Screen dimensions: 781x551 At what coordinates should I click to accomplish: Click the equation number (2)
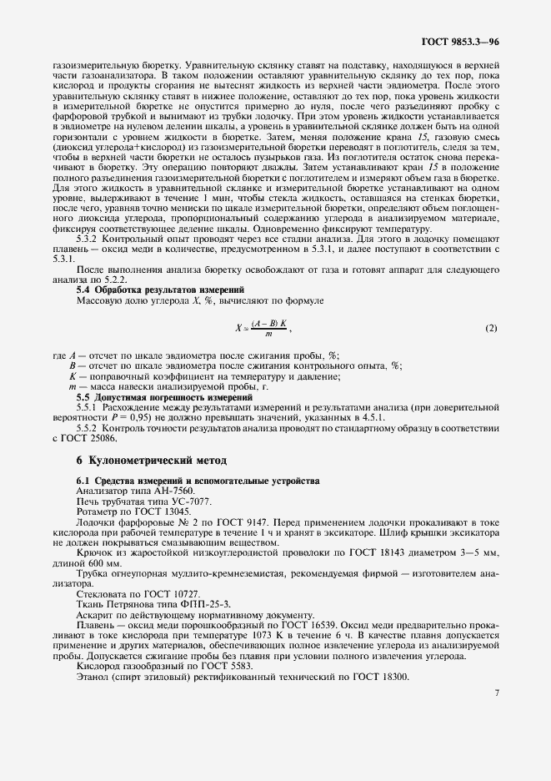click(491, 304)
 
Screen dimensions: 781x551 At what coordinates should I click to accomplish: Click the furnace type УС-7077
click(168, 501)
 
